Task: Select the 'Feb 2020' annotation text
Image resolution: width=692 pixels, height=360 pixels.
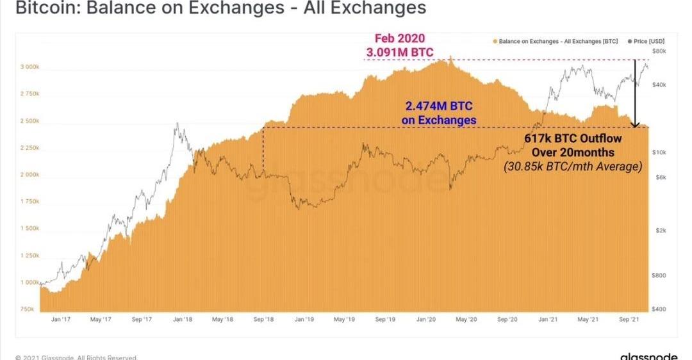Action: (x=400, y=38)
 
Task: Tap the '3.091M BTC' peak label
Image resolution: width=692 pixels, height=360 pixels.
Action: (x=400, y=51)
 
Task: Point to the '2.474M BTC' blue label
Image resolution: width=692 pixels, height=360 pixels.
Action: (x=439, y=106)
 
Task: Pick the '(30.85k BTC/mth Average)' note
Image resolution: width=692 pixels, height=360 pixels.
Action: (x=573, y=167)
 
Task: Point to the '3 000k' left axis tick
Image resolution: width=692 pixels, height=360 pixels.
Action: (x=29, y=67)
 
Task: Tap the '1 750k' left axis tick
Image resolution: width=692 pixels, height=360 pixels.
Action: (x=29, y=201)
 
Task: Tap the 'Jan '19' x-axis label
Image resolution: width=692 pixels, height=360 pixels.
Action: (x=304, y=318)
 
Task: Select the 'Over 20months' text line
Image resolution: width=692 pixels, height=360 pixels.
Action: (x=573, y=152)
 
